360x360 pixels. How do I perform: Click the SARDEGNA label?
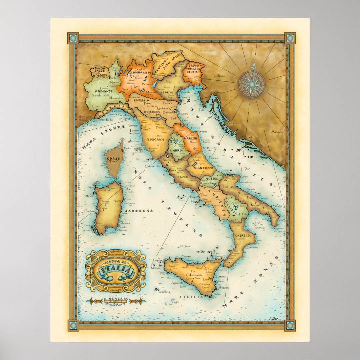pos(142,211)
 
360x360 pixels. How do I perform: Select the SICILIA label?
pos(191,296)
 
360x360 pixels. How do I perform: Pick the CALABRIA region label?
pos(243,236)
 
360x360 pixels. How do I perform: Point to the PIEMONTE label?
pos(94,91)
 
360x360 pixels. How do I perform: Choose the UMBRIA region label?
pos(177,151)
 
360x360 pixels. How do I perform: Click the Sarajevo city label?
pos(277,132)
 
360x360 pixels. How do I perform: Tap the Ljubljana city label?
pos(218,76)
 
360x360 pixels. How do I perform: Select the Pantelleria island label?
pos(164,291)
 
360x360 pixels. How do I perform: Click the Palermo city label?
pos(186,256)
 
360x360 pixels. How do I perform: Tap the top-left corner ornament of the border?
pos(73,38)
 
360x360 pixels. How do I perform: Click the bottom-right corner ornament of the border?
pos(290,325)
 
